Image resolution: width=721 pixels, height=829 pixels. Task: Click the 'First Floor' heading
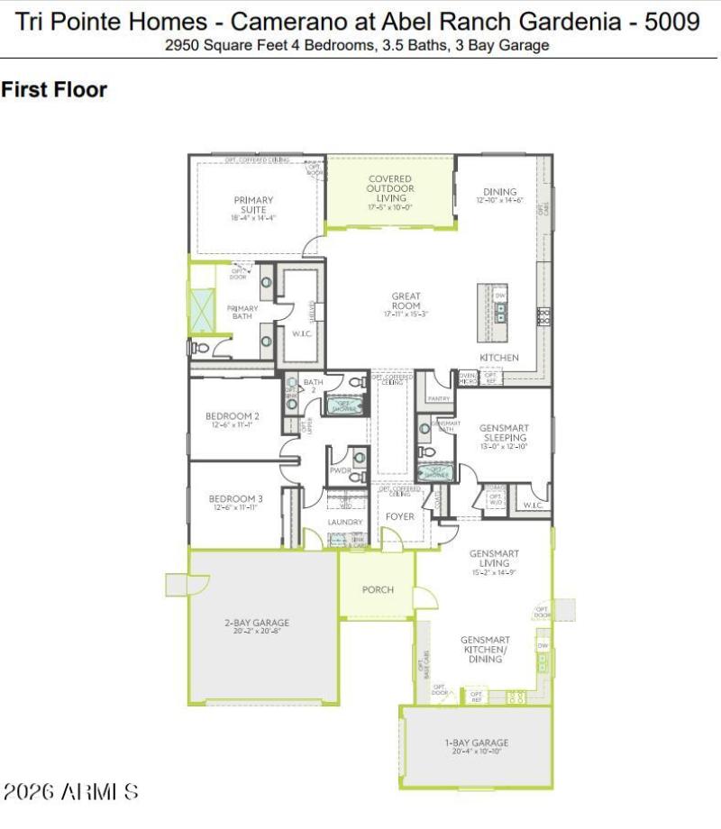pos(54,89)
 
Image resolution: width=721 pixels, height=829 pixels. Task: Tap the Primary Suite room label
pos(253,205)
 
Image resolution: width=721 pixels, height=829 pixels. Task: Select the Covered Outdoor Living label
pos(390,189)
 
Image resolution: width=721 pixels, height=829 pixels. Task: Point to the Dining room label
pos(499,192)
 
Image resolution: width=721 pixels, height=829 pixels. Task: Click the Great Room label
pos(406,301)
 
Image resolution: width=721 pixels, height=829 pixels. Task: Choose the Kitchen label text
pos(498,358)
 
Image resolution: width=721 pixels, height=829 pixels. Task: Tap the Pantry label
pos(438,397)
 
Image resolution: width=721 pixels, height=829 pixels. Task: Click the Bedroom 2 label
pos(233,416)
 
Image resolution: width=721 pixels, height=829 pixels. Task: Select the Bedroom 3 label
pos(235,498)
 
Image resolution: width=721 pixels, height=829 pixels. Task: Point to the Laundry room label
pos(345,522)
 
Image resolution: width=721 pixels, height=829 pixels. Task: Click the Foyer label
pos(400,516)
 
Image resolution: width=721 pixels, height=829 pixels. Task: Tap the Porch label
pos(378,589)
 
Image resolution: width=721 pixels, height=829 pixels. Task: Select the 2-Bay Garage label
pos(257,623)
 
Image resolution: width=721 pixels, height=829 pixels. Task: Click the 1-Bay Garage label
pos(478,742)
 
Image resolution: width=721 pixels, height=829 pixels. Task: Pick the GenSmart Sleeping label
pos(504,433)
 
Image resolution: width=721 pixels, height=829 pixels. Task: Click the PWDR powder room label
pos(340,470)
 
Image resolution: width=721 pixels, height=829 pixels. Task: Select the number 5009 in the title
pos(673,22)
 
